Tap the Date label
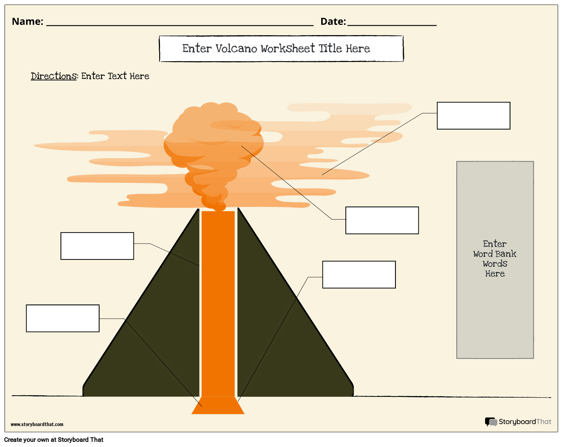333,21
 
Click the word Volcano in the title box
236,49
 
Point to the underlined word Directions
53,76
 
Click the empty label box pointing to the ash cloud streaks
473,116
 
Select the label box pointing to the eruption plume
382,220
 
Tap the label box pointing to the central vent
97,246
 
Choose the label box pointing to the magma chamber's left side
62,318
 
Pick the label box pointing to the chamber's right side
359,274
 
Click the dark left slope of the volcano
150,336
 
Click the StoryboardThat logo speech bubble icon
491,422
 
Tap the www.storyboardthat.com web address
37,424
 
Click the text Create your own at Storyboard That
54,439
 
